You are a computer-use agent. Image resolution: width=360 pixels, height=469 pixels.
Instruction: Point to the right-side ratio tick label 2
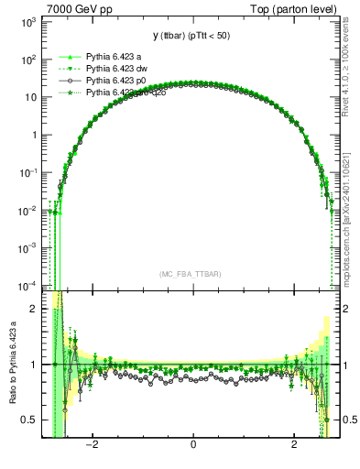(x=348, y=309)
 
